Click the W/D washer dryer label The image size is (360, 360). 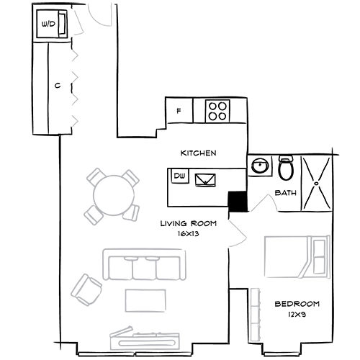[x=49, y=24]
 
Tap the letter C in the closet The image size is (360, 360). [x=58, y=86]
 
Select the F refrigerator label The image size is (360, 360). [x=179, y=111]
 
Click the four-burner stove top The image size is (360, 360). [x=217, y=111]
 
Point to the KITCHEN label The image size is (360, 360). [x=198, y=153]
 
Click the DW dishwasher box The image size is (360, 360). [x=179, y=176]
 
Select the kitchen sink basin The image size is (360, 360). [x=205, y=180]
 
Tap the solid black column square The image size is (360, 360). [x=238, y=202]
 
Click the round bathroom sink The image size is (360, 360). [x=260, y=166]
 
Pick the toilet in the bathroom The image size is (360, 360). [x=286, y=168]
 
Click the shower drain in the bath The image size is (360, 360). [x=316, y=184]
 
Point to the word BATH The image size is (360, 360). [x=285, y=193]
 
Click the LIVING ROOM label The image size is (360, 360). [x=189, y=223]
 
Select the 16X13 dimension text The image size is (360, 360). [x=189, y=233]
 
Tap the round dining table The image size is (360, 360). [x=114, y=195]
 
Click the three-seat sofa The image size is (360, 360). [x=144, y=264]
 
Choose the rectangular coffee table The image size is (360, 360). [x=145, y=300]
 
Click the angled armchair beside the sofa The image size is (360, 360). [x=86, y=289]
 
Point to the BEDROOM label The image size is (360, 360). [x=297, y=304]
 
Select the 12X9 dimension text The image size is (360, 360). [x=297, y=314]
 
